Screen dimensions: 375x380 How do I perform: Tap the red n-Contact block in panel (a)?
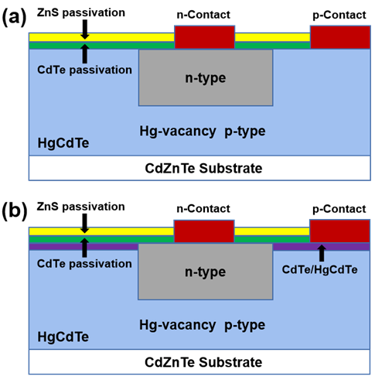click(205, 37)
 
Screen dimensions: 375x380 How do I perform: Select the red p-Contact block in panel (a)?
click(340, 37)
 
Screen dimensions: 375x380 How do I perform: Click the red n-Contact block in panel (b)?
click(204, 231)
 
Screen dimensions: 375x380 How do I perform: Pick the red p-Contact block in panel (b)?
click(339, 231)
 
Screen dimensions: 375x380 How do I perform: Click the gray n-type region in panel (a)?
click(206, 77)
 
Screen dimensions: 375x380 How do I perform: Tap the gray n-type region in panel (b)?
click(206, 272)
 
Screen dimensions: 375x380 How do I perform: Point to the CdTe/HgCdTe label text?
click(319, 269)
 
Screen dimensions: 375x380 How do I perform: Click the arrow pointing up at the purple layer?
click(322, 253)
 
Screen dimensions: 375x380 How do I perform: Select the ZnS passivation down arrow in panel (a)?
click(85, 29)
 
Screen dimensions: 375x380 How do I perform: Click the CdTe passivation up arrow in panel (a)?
click(85, 53)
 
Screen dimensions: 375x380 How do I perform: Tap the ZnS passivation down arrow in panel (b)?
click(84, 224)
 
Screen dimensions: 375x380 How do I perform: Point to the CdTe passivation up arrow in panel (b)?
click(84, 248)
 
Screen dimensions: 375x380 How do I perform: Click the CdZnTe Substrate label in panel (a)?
click(203, 169)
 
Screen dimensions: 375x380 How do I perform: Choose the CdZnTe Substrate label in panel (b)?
click(203, 362)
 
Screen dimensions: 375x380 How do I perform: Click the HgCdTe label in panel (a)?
click(63, 143)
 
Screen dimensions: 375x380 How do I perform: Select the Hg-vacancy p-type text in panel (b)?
click(203, 325)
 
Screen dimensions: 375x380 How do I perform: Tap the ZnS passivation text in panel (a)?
click(81, 13)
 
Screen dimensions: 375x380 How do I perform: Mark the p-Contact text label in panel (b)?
click(339, 209)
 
